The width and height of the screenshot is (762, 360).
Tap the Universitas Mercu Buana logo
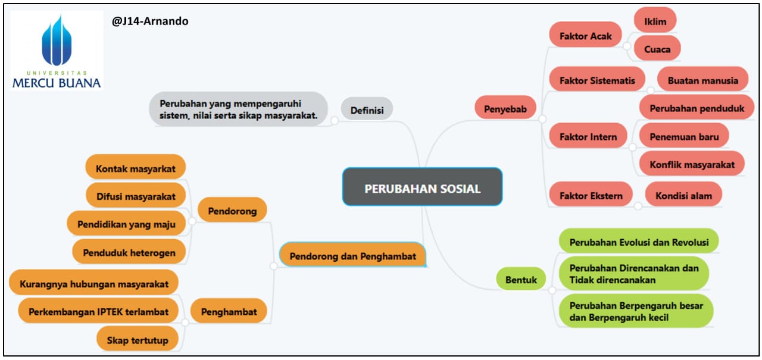[57, 51]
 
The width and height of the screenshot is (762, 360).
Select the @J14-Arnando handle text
[150, 21]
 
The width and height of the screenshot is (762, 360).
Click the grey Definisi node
[367, 110]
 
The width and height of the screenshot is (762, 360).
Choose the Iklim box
[655, 22]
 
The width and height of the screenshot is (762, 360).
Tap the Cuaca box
[657, 49]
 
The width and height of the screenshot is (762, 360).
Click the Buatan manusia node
[702, 80]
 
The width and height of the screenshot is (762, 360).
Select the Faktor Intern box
[588, 137]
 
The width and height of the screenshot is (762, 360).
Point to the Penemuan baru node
[684, 137]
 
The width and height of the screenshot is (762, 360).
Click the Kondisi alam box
[683, 195]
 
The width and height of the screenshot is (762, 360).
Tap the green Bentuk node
[521, 279]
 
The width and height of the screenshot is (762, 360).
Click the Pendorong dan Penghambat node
[352, 256]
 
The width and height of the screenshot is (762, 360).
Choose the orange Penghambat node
[229, 311]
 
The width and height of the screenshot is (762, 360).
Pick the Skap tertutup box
[137, 340]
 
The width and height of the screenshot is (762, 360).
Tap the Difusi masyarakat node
[136, 195]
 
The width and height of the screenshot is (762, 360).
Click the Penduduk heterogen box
[129, 252]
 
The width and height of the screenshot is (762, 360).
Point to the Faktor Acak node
[585, 36]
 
